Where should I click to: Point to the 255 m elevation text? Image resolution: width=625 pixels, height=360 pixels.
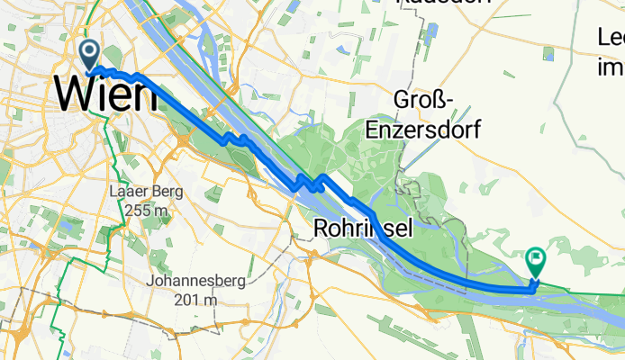[145, 209]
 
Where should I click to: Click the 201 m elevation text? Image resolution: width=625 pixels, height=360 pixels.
[197, 298]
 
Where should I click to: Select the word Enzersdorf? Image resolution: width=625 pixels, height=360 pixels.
[423, 129]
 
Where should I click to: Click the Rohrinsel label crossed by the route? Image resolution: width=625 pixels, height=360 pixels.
[364, 229]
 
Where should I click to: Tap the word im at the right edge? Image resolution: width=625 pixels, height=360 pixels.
[611, 67]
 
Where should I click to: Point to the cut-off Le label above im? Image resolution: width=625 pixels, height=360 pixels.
[611, 38]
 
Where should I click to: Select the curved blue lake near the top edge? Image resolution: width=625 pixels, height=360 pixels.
[208, 36]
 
